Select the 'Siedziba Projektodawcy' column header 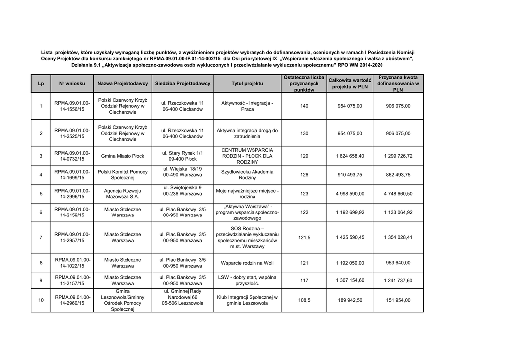[x=183, y=84]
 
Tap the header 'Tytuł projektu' [x=247, y=84]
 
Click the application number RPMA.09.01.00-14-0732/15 [x=72, y=156]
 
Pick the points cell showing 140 [x=304, y=106]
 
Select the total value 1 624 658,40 [x=350, y=156]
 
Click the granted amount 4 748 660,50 [x=398, y=194]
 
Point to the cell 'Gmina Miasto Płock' [x=123, y=156]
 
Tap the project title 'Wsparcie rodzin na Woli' [x=247, y=263]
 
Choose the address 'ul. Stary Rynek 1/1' [x=183, y=153]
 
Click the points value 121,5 [x=304, y=237]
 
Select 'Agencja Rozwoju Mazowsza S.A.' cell [x=123, y=194]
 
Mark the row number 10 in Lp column [x=41, y=300]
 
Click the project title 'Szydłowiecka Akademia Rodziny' [x=247, y=175]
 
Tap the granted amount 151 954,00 [x=398, y=300]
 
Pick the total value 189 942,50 [x=350, y=300]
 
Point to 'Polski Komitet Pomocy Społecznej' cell [x=123, y=175]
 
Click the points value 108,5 [x=304, y=300]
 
